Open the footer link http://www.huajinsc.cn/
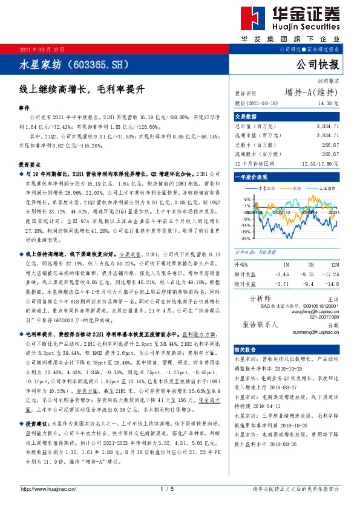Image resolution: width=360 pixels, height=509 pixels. [48, 488]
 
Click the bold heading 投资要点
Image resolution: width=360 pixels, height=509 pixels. [29, 164]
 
